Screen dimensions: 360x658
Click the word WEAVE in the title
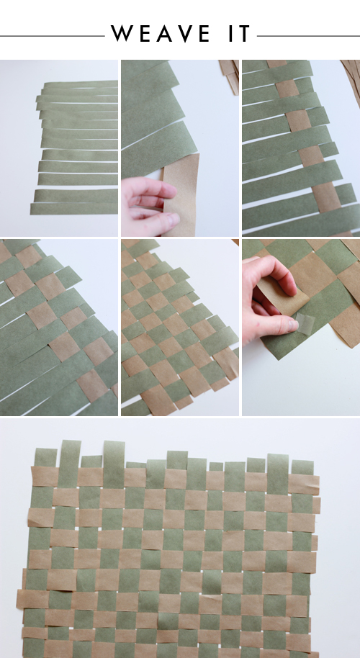(161, 34)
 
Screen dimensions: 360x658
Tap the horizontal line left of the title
(52, 36)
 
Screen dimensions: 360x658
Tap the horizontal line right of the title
(308, 36)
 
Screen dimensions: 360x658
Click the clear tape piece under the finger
(306, 323)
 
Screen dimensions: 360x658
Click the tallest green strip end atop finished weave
(114, 459)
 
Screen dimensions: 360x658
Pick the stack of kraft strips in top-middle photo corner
(229, 76)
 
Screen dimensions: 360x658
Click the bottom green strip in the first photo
(74, 208)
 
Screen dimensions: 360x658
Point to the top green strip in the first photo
(81, 84)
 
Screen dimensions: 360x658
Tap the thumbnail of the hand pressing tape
(301, 328)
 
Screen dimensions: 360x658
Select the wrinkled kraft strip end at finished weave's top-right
(303, 484)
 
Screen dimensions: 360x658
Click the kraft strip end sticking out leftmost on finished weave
(32, 599)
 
